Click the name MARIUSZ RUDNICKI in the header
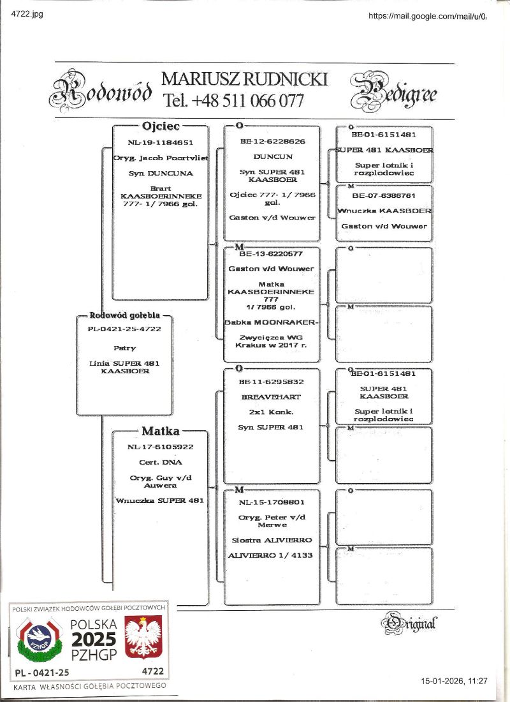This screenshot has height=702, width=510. click(245, 79)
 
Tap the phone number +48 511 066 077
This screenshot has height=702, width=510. click(233, 101)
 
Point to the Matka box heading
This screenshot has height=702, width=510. click(161, 431)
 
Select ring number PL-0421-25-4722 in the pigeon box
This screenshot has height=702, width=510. click(124, 329)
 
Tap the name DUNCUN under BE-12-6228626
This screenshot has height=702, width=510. click(273, 156)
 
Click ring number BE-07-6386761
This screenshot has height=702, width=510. click(384, 195)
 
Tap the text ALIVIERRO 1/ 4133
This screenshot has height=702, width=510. click(271, 555)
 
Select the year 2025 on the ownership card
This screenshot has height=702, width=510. click(93, 639)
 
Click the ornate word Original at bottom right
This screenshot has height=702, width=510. click(412, 622)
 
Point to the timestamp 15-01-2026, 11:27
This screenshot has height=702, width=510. click(454, 682)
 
